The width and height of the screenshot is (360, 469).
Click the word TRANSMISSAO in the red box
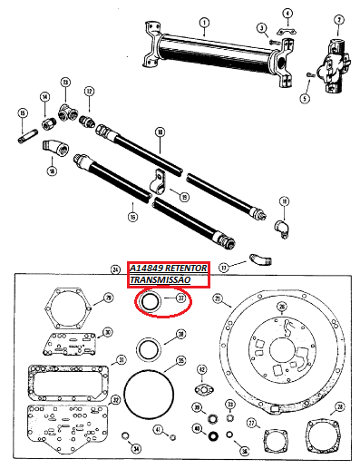161,282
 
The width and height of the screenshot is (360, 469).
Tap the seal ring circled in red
148,301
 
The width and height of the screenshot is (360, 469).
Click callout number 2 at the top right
340,19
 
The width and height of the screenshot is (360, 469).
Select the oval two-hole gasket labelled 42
204,392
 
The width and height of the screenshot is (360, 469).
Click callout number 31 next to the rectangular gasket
120,360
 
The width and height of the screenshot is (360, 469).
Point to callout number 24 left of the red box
115,269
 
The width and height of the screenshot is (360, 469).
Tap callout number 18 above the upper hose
160,133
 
